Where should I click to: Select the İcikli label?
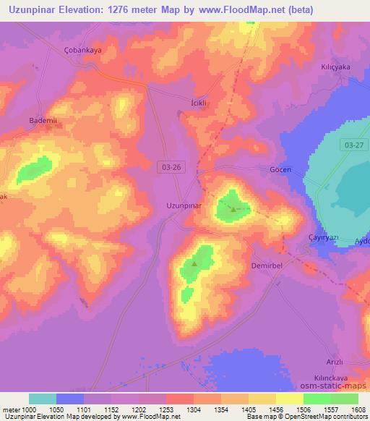coord(199,103)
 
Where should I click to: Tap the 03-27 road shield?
coord(354,145)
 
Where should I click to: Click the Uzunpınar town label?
coord(184,205)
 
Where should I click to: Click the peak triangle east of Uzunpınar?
coord(233,210)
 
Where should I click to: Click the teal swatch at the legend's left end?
coord(43,399)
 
